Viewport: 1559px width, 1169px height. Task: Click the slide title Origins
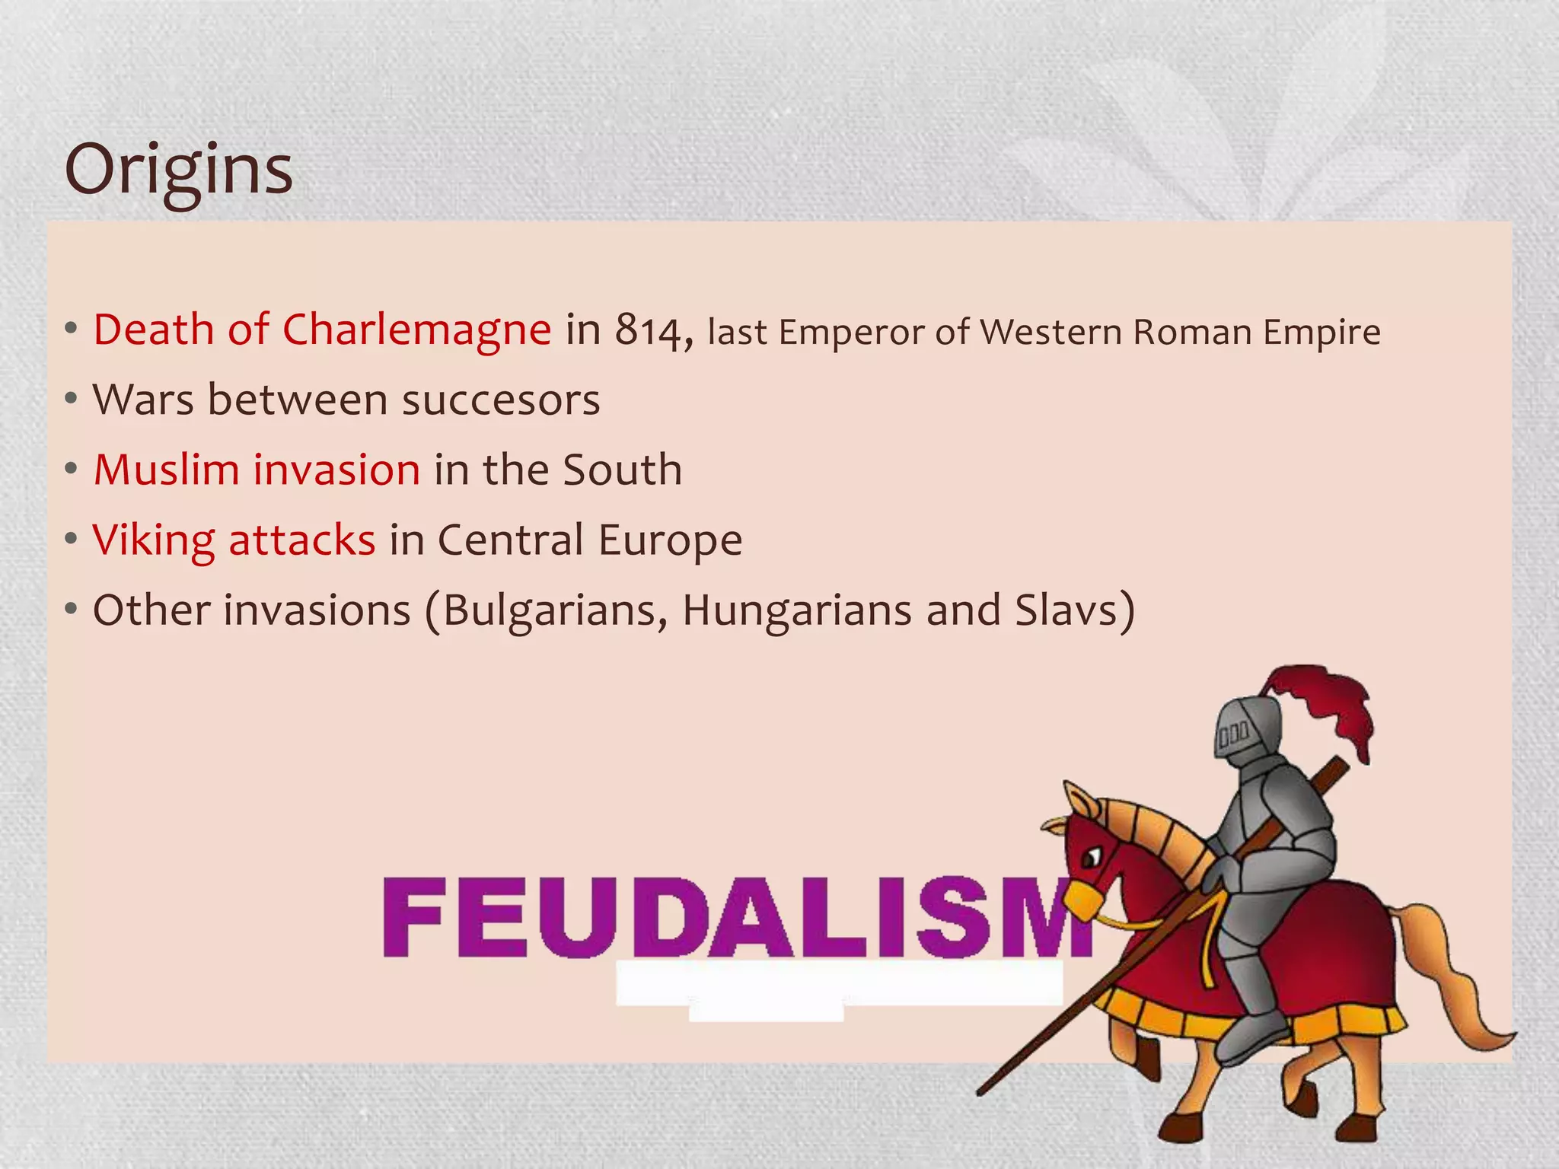[178, 169]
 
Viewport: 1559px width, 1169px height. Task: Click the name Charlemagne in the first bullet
[416, 331]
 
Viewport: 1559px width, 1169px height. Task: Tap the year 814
[653, 331]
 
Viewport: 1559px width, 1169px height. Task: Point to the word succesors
[501, 400]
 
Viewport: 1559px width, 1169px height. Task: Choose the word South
[622, 470]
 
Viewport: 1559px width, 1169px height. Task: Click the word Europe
[670, 540]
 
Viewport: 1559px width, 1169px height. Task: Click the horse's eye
[1090, 858]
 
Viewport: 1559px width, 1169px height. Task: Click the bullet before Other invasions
[71, 610]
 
